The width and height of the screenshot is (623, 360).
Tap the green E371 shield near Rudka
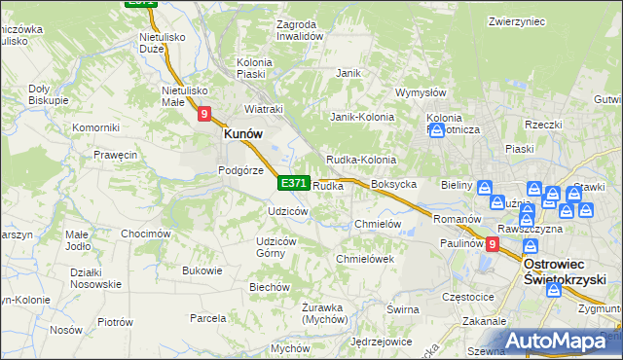click(x=294, y=183)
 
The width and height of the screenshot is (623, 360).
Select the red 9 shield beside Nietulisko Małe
click(x=204, y=114)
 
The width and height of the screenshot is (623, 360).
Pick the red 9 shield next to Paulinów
click(x=493, y=245)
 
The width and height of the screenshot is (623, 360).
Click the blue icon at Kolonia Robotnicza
click(x=436, y=130)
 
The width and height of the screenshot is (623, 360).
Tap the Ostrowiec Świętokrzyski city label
click(x=566, y=270)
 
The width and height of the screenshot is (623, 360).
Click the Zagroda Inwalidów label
click(x=299, y=29)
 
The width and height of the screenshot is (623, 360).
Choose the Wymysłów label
click(x=420, y=93)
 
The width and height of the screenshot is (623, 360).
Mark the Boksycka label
click(x=394, y=184)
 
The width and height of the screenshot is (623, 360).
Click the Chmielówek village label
click(x=364, y=259)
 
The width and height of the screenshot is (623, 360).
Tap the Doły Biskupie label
click(x=48, y=93)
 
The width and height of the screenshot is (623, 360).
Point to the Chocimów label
click(x=146, y=234)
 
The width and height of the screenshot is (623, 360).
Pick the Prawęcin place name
click(x=115, y=155)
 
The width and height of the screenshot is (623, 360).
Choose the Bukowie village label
click(x=202, y=270)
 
